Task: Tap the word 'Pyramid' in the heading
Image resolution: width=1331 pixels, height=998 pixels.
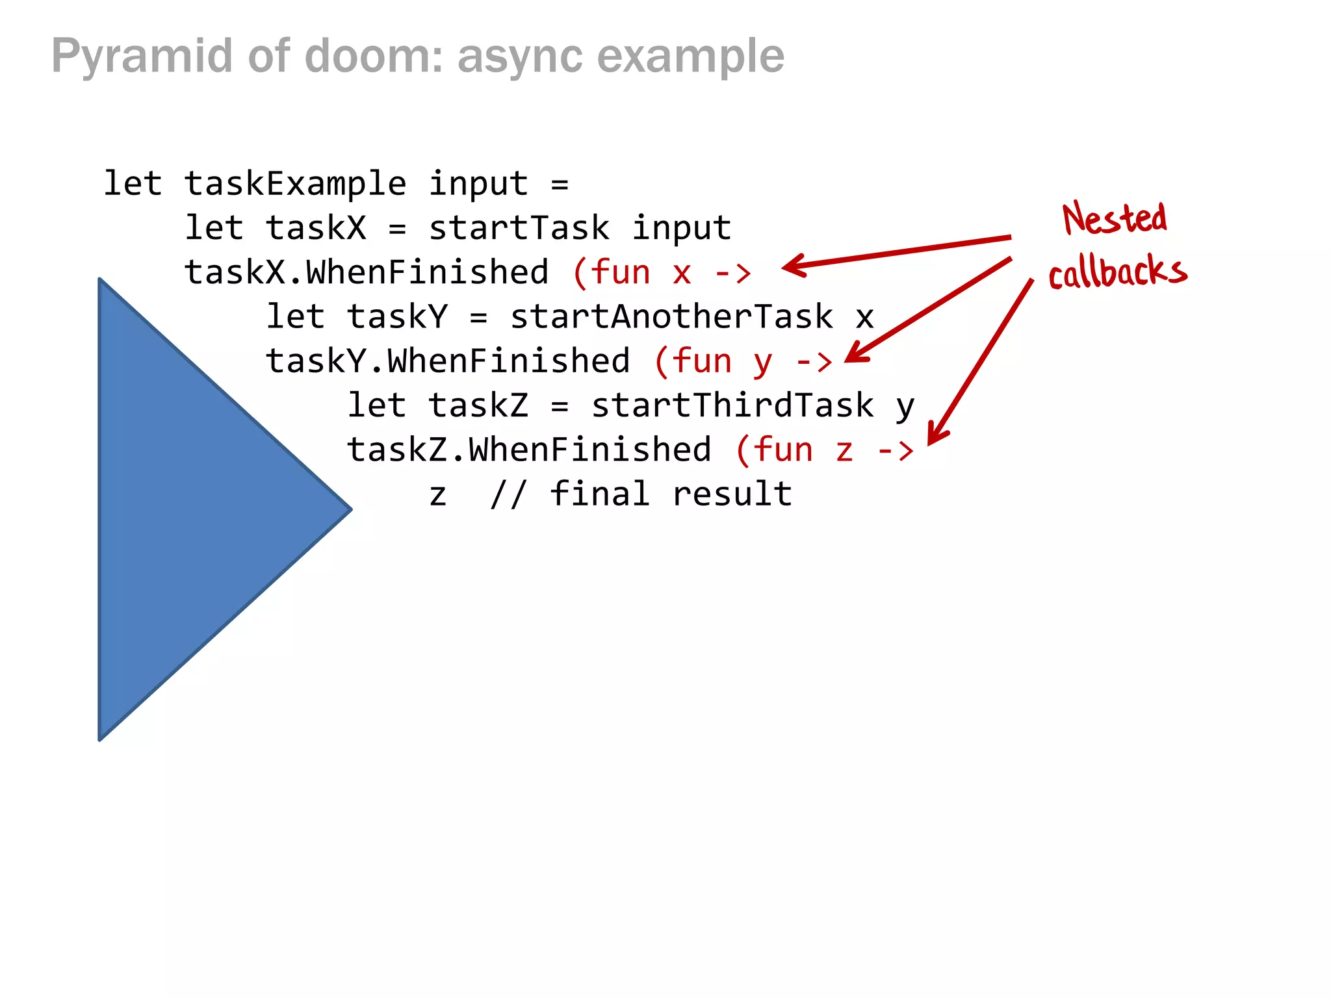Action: (142, 57)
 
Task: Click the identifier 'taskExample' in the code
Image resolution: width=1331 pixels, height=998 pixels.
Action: (295, 184)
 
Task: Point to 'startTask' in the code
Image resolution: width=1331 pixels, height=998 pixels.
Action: (519, 228)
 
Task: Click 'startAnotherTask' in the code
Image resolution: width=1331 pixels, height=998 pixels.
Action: (671, 317)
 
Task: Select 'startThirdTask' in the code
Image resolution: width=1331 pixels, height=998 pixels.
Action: (732, 405)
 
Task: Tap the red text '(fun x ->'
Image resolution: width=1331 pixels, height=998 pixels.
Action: (662, 272)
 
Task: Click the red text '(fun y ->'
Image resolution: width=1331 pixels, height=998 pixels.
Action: (743, 361)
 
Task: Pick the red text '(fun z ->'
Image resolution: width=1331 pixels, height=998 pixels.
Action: (824, 450)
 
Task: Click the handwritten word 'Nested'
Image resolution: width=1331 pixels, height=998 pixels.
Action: (1114, 218)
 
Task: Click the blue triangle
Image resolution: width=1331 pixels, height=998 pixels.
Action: (188, 510)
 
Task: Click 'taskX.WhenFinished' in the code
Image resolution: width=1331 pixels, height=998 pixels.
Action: (367, 272)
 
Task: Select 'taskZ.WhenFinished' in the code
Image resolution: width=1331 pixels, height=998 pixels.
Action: (529, 450)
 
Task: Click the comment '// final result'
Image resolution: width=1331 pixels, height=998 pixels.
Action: (641, 494)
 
